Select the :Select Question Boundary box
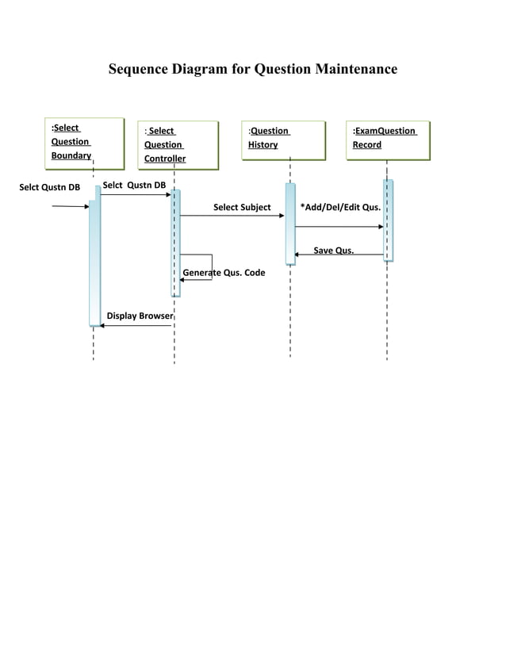[85, 143]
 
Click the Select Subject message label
[242, 208]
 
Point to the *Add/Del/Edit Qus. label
[340, 208]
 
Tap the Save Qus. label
[334, 251]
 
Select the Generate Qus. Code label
[224, 273]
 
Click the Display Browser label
[140, 316]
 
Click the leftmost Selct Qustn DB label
[49, 188]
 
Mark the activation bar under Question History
[290, 224]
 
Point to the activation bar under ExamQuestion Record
[388, 220]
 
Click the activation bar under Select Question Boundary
[95, 262]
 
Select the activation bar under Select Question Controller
[176, 242]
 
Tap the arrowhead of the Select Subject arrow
[281, 216]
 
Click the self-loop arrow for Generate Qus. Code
[211, 267]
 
